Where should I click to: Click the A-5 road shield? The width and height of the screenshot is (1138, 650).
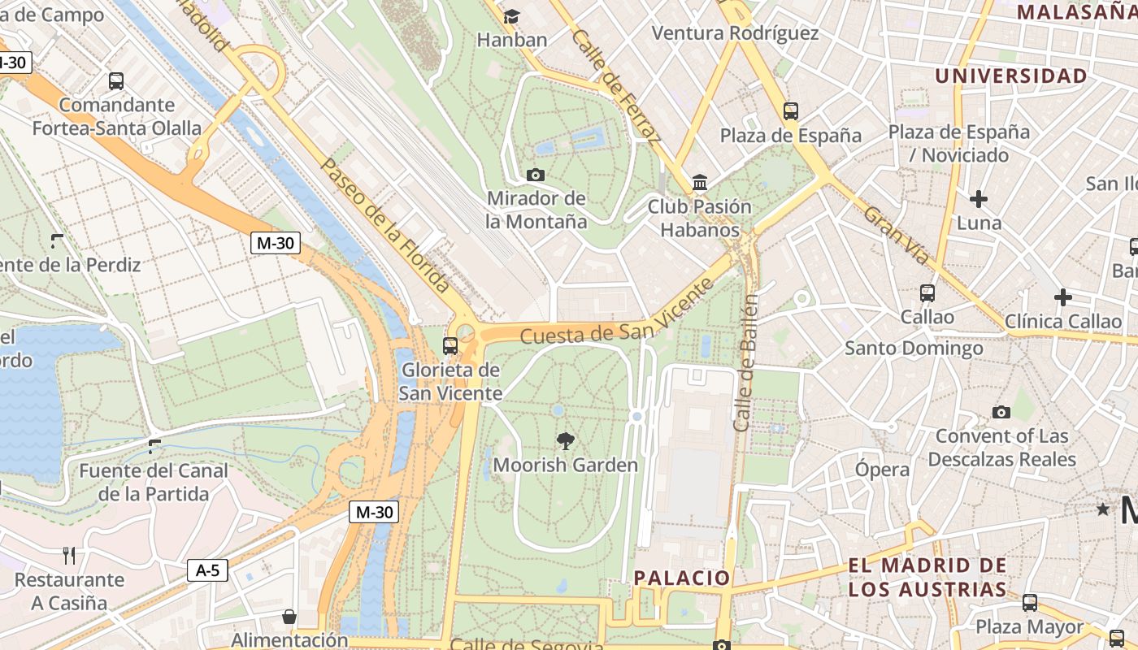[207, 570]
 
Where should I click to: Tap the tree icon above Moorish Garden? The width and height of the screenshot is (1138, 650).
[565, 441]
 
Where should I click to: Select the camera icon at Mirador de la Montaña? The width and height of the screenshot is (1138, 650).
[535, 175]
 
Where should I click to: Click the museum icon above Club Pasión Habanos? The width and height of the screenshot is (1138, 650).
[699, 183]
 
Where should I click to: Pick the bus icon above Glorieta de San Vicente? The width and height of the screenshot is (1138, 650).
[450, 346]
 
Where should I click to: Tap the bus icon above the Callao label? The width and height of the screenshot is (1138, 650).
[927, 292]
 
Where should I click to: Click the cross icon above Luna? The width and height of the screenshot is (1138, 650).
[979, 198]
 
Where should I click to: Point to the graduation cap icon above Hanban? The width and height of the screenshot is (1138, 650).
[511, 16]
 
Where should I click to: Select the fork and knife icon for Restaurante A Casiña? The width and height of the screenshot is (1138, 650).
[69, 556]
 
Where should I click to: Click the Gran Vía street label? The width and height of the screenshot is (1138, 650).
[897, 235]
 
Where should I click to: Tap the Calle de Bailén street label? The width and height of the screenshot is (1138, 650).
[746, 362]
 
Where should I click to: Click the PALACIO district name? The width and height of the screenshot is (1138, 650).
[682, 578]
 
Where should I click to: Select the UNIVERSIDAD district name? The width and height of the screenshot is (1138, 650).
[1010, 76]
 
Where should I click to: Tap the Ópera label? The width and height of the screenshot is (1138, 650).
[882, 470]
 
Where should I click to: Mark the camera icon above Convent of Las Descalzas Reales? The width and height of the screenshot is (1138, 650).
[1001, 412]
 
